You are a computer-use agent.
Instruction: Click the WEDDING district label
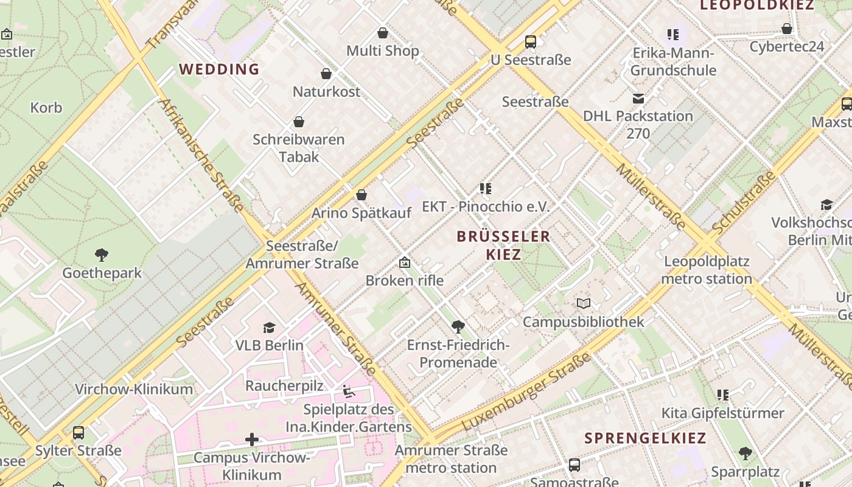tap(220, 69)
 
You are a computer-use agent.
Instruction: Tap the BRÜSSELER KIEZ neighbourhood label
tap(503, 245)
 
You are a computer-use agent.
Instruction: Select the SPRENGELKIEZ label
tap(645, 438)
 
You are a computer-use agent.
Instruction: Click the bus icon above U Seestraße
tap(531, 42)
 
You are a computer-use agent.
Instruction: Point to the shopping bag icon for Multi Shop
tap(383, 33)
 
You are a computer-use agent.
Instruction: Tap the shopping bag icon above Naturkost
tap(326, 74)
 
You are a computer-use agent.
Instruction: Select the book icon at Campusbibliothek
tap(583, 303)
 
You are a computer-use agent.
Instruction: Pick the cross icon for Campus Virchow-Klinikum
tap(252, 440)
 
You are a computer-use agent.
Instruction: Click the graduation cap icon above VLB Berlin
tap(269, 328)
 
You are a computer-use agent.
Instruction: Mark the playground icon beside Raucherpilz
tap(349, 391)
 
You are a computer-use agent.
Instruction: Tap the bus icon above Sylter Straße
tap(79, 433)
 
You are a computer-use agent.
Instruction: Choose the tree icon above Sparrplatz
tap(745, 454)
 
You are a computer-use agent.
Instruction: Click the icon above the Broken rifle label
tap(404, 263)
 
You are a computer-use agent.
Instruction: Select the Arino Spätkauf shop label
tap(361, 213)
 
